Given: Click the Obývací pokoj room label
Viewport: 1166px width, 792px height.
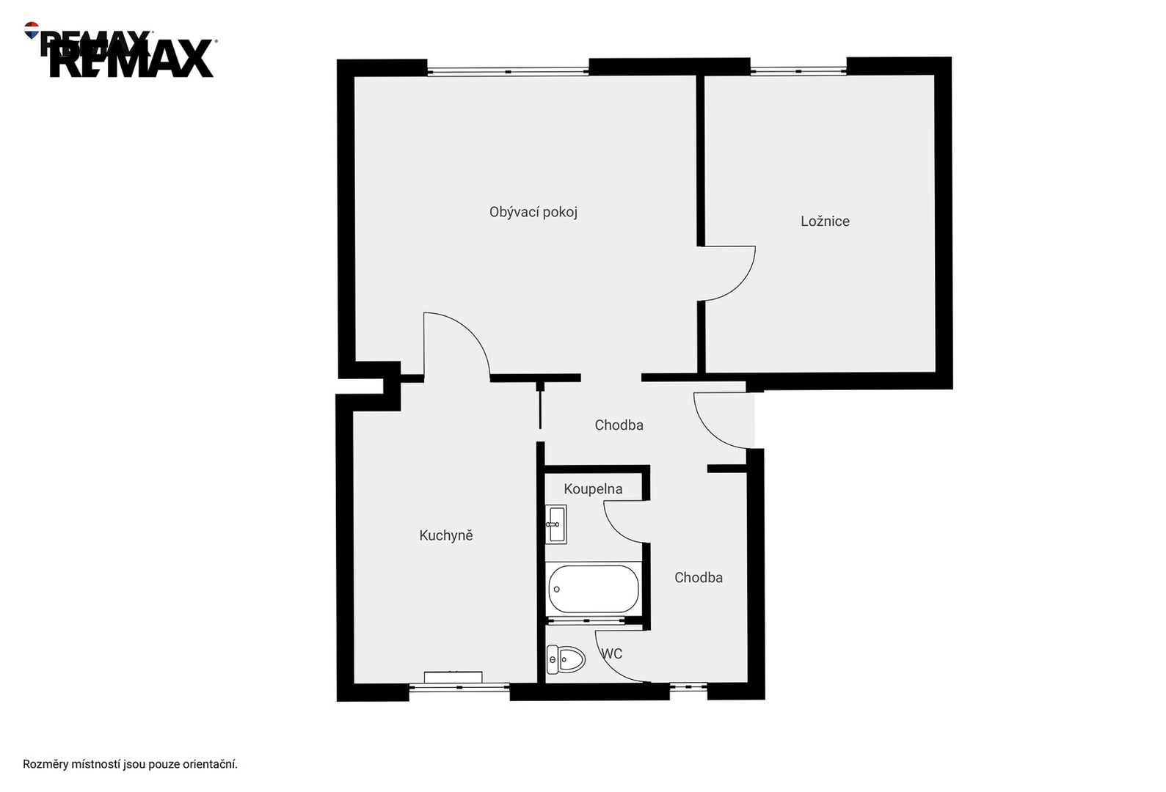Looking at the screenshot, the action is (533, 213).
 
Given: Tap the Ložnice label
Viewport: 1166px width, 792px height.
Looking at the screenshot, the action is (825, 221).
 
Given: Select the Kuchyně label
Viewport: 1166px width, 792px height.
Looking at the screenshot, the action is (446, 535).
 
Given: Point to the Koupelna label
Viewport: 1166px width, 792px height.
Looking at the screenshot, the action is (593, 489).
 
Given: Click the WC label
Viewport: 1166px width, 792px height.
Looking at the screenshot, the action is (612, 653).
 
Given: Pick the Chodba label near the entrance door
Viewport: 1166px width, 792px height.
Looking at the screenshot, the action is (619, 425).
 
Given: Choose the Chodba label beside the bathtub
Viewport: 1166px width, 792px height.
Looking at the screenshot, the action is (699, 578).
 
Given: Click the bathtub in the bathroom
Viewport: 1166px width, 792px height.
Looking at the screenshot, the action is (594, 589).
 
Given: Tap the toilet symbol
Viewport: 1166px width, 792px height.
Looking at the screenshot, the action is (566, 660).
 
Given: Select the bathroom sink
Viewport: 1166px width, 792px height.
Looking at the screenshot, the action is (556, 524).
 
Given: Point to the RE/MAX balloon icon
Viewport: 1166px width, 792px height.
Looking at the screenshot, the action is (32, 30).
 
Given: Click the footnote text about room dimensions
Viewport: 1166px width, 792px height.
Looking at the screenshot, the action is (130, 764).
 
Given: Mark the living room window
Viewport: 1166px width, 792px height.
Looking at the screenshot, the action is (508, 72).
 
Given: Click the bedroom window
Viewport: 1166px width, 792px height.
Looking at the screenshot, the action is (798, 71).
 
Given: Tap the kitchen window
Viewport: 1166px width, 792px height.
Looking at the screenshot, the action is (459, 687).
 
